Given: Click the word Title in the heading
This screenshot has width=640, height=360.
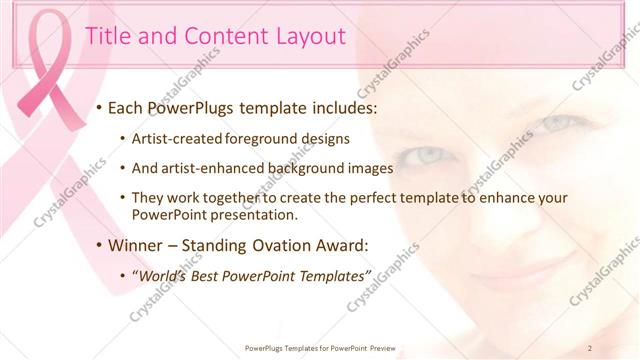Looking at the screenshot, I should click(x=106, y=37).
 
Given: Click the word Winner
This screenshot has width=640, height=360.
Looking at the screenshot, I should click(x=137, y=244).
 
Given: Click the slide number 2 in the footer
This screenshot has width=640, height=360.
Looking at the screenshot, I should click(x=591, y=347).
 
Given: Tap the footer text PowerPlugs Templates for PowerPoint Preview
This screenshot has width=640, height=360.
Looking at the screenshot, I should click(x=320, y=347).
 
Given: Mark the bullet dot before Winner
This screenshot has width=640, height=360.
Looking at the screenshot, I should click(x=100, y=245).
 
